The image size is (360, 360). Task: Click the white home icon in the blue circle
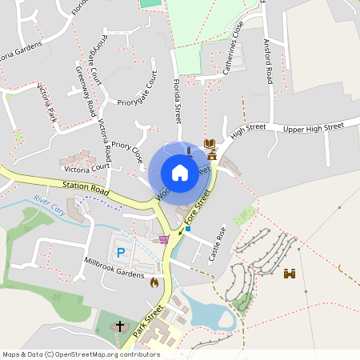(x=179, y=172)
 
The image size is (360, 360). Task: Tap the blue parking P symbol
(x=121, y=253)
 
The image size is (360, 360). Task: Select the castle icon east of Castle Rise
(x=290, y=274)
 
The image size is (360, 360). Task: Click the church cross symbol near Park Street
(x=120, y=326)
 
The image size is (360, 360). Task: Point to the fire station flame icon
(x=154, y=282)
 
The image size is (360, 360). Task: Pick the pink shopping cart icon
(x=164, y=238)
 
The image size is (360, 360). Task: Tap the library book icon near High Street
(x=210, y=143)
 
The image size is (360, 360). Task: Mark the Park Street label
(x=149, y=318)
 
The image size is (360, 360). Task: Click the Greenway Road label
(x=86, y=90)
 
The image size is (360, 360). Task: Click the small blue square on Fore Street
(x=188, y=229)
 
